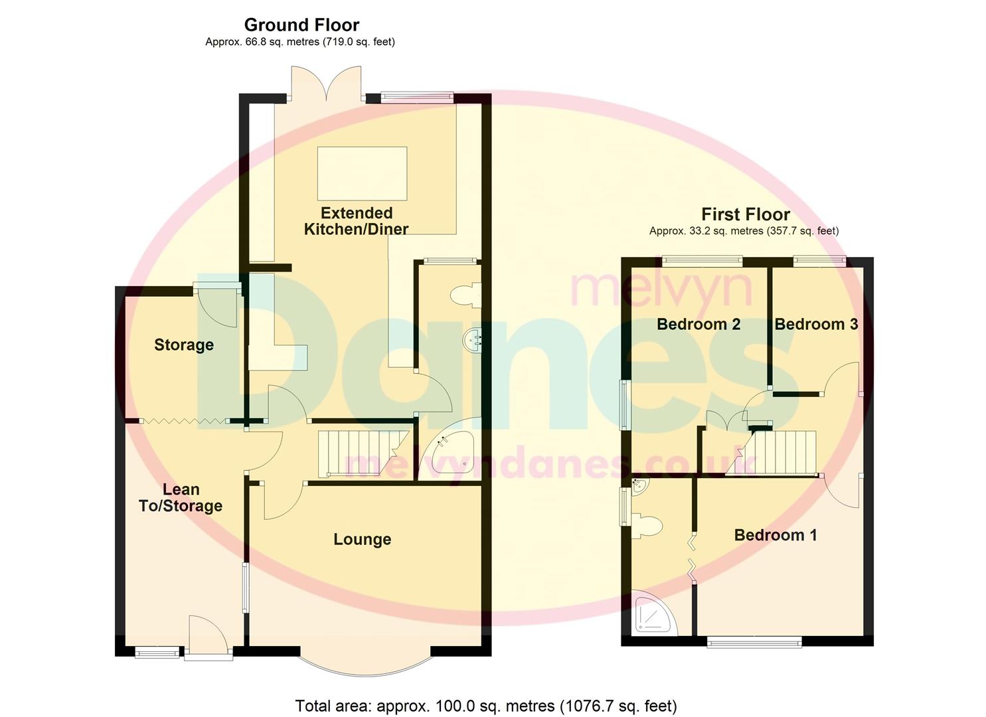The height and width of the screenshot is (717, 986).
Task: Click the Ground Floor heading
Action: pyautogui.click(x=301, y=25)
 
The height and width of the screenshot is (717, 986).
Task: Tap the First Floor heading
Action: pyautogui.click(x=745, y=214)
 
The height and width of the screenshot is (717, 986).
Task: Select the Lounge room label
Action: pyautogui.click(x=362, y=539)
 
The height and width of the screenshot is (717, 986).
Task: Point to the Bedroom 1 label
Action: pyautogui.click(x=775, y=535)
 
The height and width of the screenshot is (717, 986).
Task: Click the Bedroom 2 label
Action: pyautogui.click(x=698, y=324)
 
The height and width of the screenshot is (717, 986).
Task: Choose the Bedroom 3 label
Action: pyautogui.click(x=815, y=324)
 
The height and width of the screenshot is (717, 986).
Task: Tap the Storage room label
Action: pyautogui.click(x=184, y=345)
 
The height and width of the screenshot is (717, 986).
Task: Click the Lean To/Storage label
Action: pyautogui.click(x=181, y=498)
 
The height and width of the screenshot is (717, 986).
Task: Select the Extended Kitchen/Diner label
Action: pyautogui.click(x=357, y=221)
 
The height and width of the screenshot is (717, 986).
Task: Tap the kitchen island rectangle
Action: pyautogui.click(x=362, y=173)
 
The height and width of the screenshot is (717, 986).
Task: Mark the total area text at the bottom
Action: pyautogui.click(x=485, y=705)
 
